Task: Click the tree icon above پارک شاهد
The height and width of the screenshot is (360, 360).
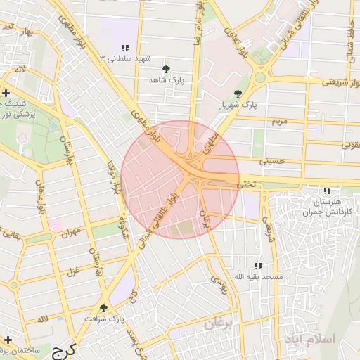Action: click(x=166, y=69)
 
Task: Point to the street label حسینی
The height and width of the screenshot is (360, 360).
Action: click(x=273, y=161)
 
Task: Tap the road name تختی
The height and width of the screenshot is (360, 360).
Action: click(x=247, y=184)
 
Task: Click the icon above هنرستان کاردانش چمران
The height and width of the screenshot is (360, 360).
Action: click(x=326, y=191)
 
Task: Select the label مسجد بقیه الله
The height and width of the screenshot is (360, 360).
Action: click(x=258, y=277)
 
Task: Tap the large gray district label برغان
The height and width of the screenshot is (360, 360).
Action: click(x=222, y=324)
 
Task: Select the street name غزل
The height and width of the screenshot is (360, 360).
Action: click(x=72, y=271)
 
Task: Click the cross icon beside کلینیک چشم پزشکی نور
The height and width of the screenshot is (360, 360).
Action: click(x=6, y=93)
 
